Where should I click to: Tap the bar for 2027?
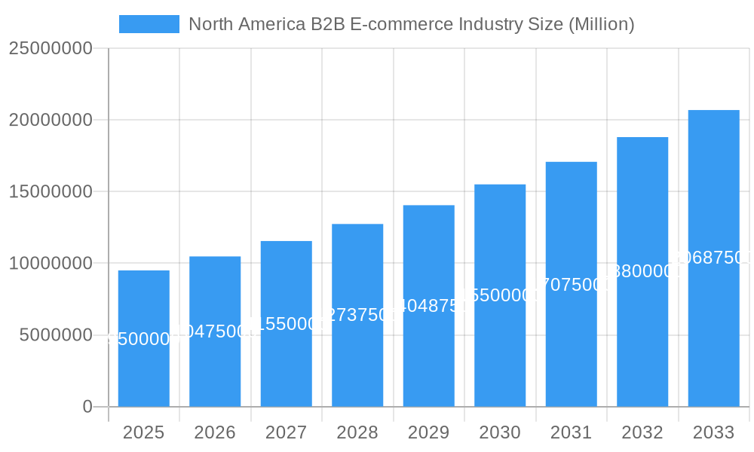(286, 362)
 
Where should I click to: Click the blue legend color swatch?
(149, 24)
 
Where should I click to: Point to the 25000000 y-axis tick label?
(51, 48)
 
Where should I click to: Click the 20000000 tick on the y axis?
(51, 120)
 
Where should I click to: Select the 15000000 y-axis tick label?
(51, 191)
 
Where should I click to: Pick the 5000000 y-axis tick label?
(56, 335)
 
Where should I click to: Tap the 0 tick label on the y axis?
(87, 407)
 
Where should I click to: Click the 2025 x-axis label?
(143, 432)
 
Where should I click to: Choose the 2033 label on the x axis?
(713, 432)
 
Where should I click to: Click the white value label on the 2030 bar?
(500, 295)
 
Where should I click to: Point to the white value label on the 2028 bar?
(357, 315)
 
